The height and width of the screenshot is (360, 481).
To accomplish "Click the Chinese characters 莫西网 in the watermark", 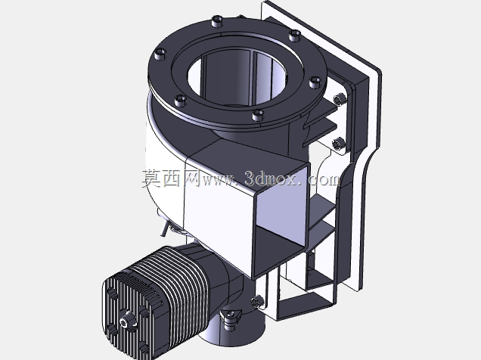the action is point(171,178).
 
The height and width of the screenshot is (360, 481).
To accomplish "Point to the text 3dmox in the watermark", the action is point(271,178).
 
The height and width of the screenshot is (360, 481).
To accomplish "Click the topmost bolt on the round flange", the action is point(218,21).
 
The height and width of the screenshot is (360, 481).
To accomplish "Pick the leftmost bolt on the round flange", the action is point(160,54).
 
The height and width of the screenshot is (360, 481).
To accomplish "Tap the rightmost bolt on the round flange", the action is point(315,82).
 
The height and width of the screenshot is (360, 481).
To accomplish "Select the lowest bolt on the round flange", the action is point(258,115).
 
